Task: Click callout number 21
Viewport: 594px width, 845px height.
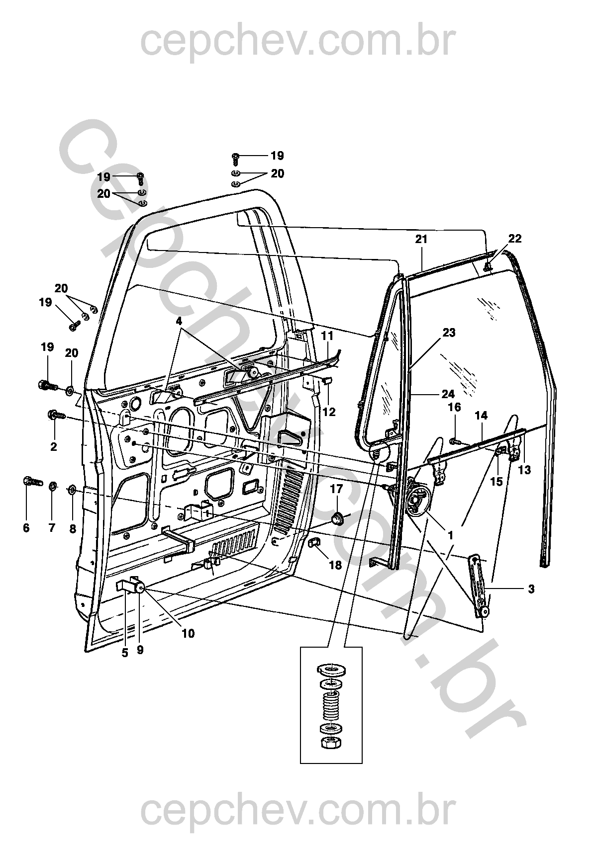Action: pyautogui.click(x=421, y=240)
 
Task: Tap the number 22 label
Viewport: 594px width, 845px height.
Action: pyautogui.click(x=515, y=239)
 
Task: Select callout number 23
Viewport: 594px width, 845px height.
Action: pyautogui.click(x=449, y=333)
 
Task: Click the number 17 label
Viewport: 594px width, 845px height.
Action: pyautogui.click(x=337, y=489)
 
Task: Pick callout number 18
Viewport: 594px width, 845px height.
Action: pyautogui.click(x=336, y=565)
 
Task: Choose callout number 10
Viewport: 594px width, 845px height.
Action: pyautogui.click(x=188, y=633)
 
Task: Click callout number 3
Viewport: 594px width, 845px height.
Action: pyautogui.click(x=531, y=589)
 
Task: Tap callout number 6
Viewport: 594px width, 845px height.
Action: pyautogui.click(x=26, y=528)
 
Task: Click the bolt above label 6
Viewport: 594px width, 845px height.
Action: pyautogui.click(x=31, y=482)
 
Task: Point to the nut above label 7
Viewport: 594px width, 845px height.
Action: pyautogui.click(x=53, y=485)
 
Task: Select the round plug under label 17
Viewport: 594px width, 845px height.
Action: pyautogui.click(x=337, y=519)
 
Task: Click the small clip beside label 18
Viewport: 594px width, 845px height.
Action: pyautogui.click(x=315, y=543)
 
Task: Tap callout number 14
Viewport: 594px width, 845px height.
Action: pyautogui.click(x=481, y=416)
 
